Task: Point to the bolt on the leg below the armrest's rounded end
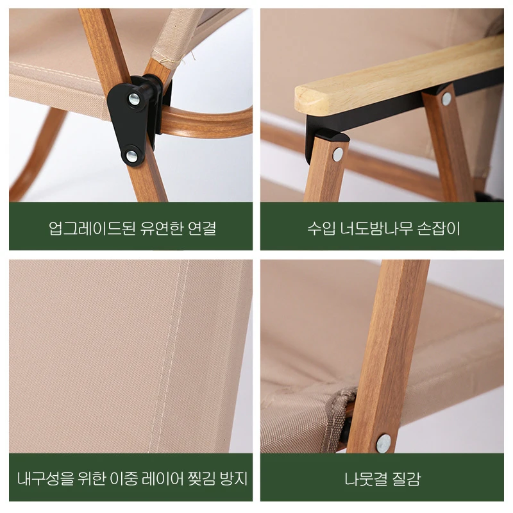click(x=337, y=153)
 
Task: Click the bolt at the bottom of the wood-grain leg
click(x=383, y=441)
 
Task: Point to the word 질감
click(x=408, y=479)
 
